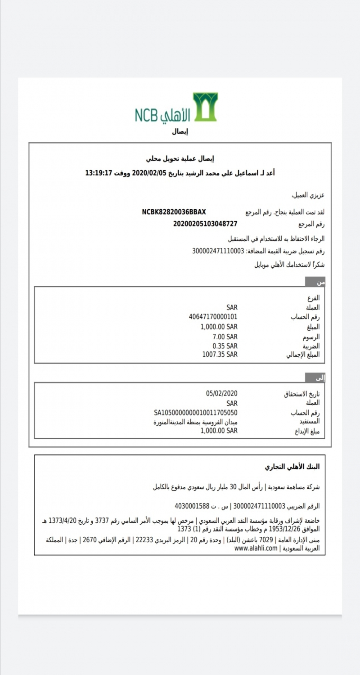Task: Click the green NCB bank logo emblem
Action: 205,107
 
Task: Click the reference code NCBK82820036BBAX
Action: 174,211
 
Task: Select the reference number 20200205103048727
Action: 205,224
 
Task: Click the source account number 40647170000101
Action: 213,317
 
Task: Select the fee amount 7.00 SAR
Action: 225,336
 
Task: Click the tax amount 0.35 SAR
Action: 225,346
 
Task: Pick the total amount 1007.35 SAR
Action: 220,355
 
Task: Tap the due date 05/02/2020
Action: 221,394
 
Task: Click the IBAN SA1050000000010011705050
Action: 195,413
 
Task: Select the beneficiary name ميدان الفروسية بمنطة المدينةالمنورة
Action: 195,422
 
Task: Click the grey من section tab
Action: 315,282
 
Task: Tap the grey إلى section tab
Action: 315,378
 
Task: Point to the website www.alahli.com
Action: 255,549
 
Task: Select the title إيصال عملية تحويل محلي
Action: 180,158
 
